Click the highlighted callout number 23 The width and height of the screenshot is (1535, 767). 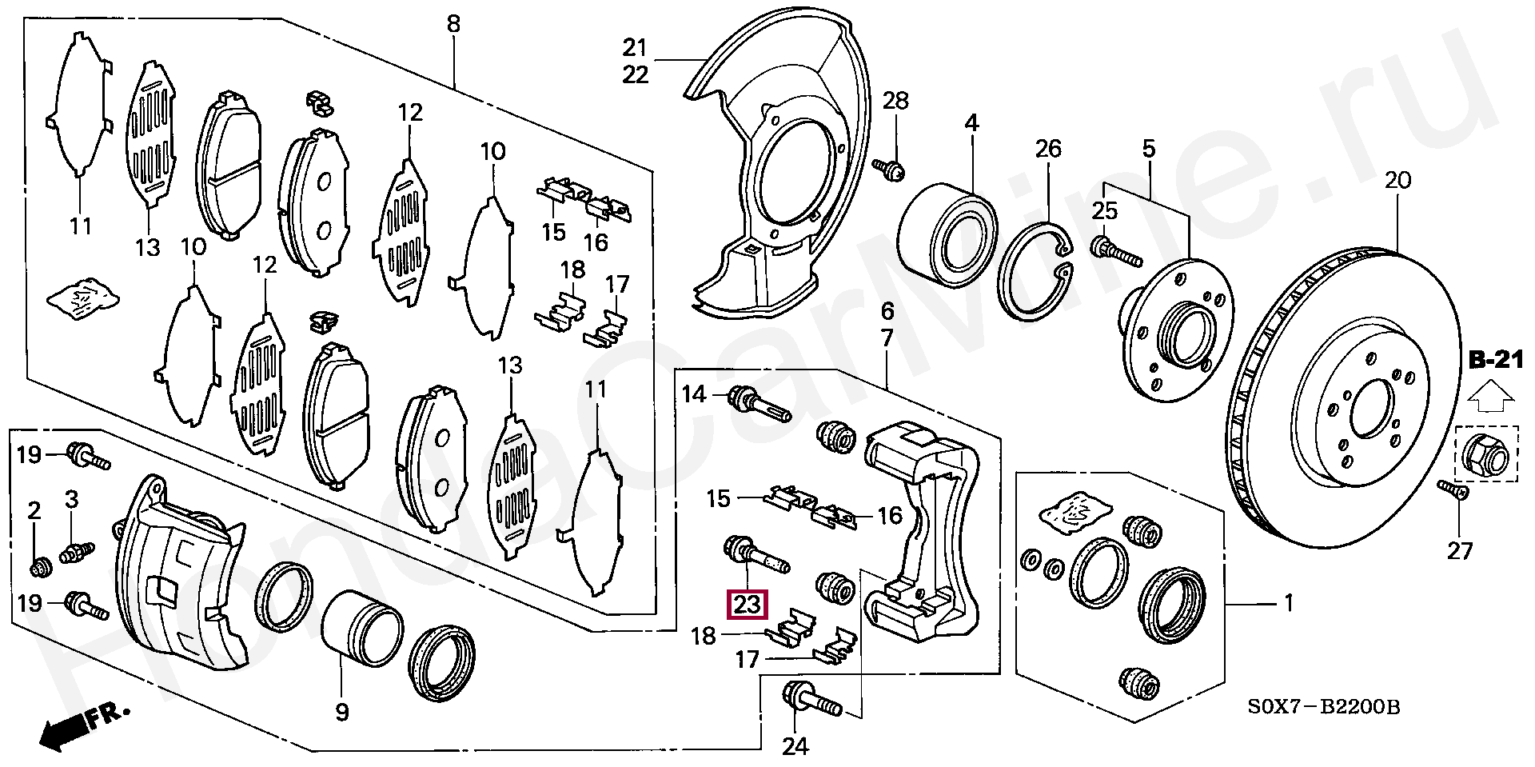pyautogui.click(x=747, y=604)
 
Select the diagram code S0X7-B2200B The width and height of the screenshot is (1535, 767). pyautogui.click(x=1324, y=707)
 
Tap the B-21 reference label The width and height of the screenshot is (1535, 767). pyautogui.click(x=1496, y=361)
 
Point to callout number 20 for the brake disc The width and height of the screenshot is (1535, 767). pyautogui.click(x=1397, y=181)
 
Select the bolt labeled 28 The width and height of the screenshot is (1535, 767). pyautogui.click(x=889, y=169)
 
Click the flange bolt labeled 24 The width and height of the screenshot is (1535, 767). pyautogui.click(x=812, y=699)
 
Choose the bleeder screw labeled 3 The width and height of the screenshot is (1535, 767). pyautogui.click(x=77, y=551)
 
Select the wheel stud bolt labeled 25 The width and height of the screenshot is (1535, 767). pyautogui.click(x=1116, y=251)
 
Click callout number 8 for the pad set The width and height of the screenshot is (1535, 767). pyautogui.click(x=454, y=24)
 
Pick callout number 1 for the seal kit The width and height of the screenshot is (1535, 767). pyautogui.click(x=1289, y=603)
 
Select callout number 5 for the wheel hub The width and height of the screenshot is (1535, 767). pyautogui.click(x=1149, y=149)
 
